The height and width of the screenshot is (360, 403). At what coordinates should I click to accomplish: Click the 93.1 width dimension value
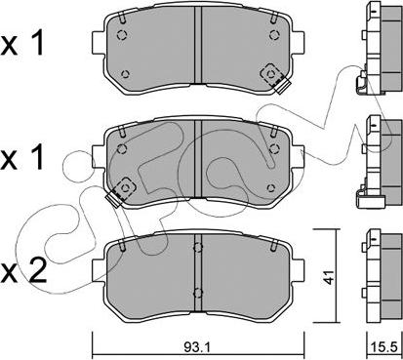[x=198, y=347]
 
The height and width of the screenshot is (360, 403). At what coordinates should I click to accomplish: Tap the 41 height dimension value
[x=329, y=277]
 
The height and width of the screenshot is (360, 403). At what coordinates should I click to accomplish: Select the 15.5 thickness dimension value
[x=384, y=347]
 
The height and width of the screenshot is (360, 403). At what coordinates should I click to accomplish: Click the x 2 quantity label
[x=23, y=272]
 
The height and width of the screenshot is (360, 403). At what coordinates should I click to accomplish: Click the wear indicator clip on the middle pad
[x=120, y=191]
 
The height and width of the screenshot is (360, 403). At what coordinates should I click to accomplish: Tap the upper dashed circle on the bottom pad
[x=198, y=248]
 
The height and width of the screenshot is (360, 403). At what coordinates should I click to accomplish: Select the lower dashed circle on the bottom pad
[x=198, y=293]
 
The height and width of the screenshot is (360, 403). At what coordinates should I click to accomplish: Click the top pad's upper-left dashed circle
[x=122, y=34]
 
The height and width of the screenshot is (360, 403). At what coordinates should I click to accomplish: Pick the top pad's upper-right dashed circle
[x=274, y=34]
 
